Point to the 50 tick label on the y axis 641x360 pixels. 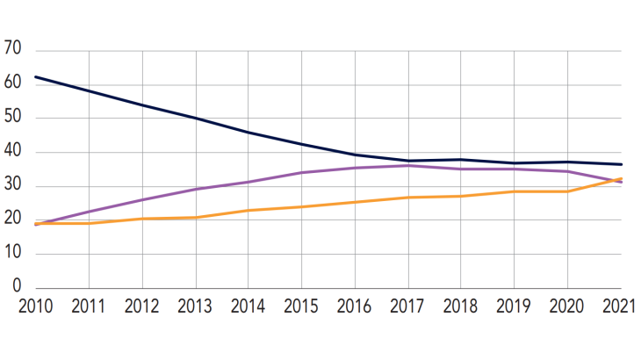(12, 119)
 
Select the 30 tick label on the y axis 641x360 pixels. (12, 186)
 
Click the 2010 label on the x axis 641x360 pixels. (35, 307)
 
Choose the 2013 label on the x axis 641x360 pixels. (195, 307)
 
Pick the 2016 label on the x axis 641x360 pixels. (355, 307)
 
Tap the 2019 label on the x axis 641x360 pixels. (515, 307)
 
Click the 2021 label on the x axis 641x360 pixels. (620, 307)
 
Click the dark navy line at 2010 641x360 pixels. (36, 76)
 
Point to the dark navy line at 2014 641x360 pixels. (248, 133)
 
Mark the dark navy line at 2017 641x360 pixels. (408, 161)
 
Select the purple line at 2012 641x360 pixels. (142, 200)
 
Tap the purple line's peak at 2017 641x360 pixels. (408, 165)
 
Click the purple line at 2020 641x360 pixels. (568, 171)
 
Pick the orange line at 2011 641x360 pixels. (89, 223)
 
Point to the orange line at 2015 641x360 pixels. (302, 207)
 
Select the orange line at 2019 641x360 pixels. (515, 191)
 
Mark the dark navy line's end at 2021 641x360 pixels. (621, 164)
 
